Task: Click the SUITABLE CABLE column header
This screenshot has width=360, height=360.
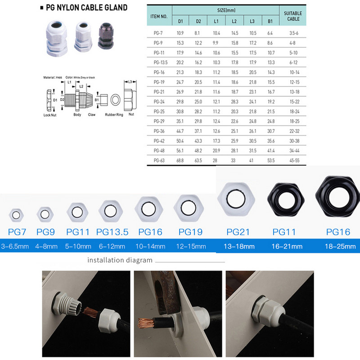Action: [x=293, y=17]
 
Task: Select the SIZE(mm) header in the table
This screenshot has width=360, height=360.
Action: [x=225, y=9]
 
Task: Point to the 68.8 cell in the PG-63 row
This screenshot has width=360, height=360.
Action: [x=180, y=160]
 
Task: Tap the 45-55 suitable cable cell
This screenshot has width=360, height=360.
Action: [x=293, y=160]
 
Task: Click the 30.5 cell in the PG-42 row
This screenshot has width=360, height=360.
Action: [x=252, y=140]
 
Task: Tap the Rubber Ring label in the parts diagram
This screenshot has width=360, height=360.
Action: [x=114, y=115]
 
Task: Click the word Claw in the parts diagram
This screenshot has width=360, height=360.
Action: [x=91, y=115]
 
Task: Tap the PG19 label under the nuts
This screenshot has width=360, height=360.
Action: [x=190, y=232]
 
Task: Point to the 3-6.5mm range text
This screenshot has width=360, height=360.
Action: [x=15, y=246]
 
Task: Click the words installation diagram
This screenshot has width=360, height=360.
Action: [x=120, y=260]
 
